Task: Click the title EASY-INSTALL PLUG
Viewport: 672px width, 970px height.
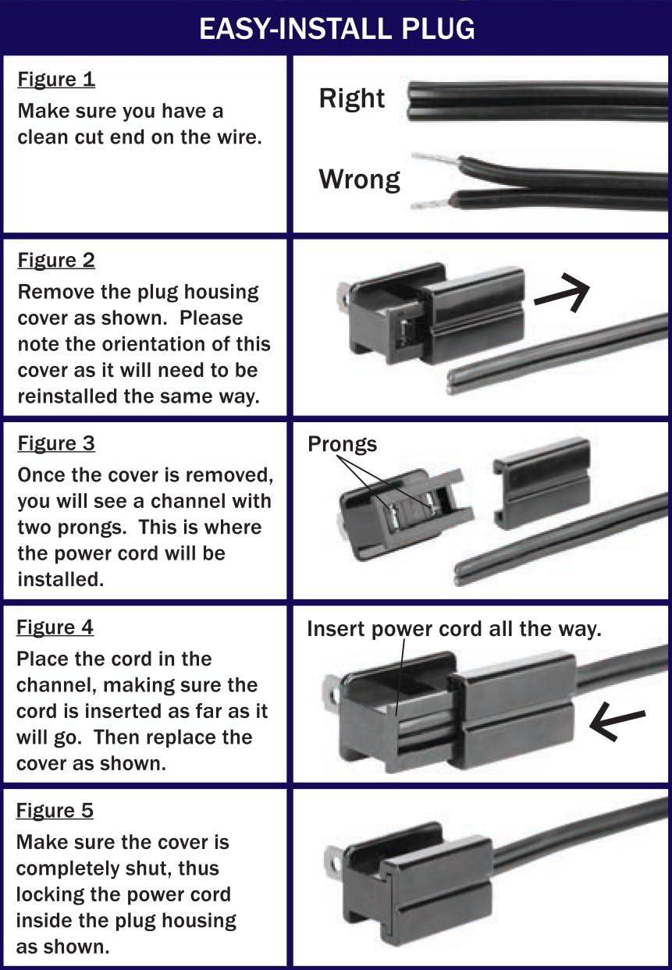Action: click(336, 29)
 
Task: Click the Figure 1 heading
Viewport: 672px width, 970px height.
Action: click(56, 80)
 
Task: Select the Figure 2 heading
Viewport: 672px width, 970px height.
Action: click(56, 261)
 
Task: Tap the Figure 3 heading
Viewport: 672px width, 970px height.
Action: click(56, 444)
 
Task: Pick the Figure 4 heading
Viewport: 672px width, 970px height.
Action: click(55, 627)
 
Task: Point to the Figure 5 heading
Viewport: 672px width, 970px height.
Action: click(55, 811)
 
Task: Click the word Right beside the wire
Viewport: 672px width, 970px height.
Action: click(351, 98)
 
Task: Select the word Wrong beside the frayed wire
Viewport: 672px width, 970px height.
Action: click(359, 179)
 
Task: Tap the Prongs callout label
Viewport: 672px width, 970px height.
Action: click(342, 444)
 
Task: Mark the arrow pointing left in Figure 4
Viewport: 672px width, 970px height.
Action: click(617, 723)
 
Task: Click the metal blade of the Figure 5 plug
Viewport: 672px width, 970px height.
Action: click(334, 862)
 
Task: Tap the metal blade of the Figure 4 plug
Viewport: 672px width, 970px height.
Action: click(332, 693)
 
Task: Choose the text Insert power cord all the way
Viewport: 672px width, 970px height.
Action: click(453, 629)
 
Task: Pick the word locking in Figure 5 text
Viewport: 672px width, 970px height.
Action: click(53, 894)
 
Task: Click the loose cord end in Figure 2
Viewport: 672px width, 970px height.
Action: click(460, 381)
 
